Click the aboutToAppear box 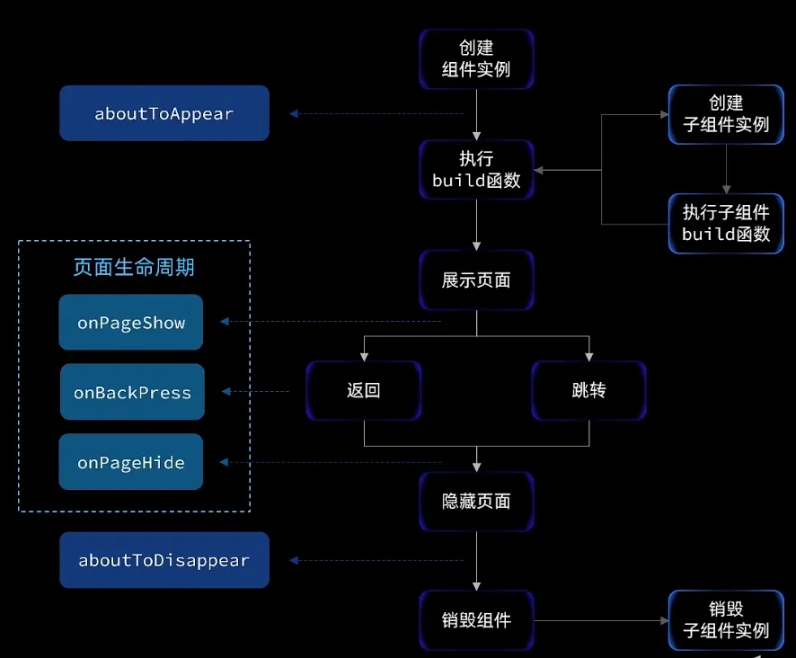164,113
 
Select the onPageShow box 131,322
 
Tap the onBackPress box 132,392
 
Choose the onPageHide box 131,462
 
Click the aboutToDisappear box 164,560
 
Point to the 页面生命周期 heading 134,267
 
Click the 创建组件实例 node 476,58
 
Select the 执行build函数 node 476,169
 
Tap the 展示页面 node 476,280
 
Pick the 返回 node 363,391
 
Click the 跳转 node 588,391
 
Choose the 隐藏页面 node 476,501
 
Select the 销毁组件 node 476,620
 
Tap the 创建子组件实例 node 726,114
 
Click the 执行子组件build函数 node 726,223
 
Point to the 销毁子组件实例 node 726,620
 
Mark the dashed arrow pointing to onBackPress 256,392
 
